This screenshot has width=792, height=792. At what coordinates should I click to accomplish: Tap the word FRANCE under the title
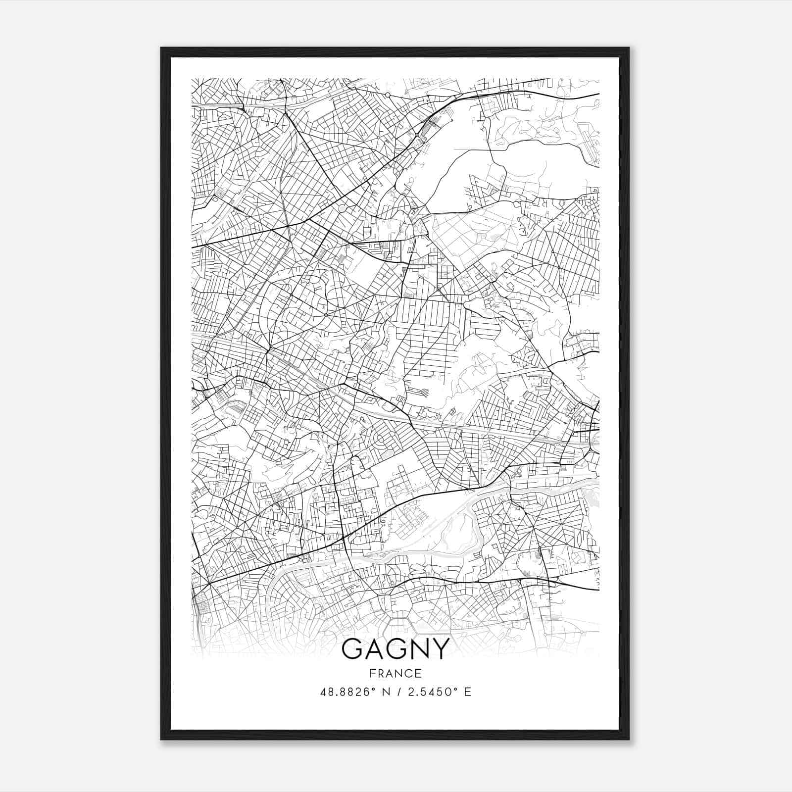396,673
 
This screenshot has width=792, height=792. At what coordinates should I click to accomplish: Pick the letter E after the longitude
467,692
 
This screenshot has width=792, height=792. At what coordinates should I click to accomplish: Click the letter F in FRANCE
372,673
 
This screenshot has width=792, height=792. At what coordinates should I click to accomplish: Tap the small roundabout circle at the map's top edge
388,94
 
